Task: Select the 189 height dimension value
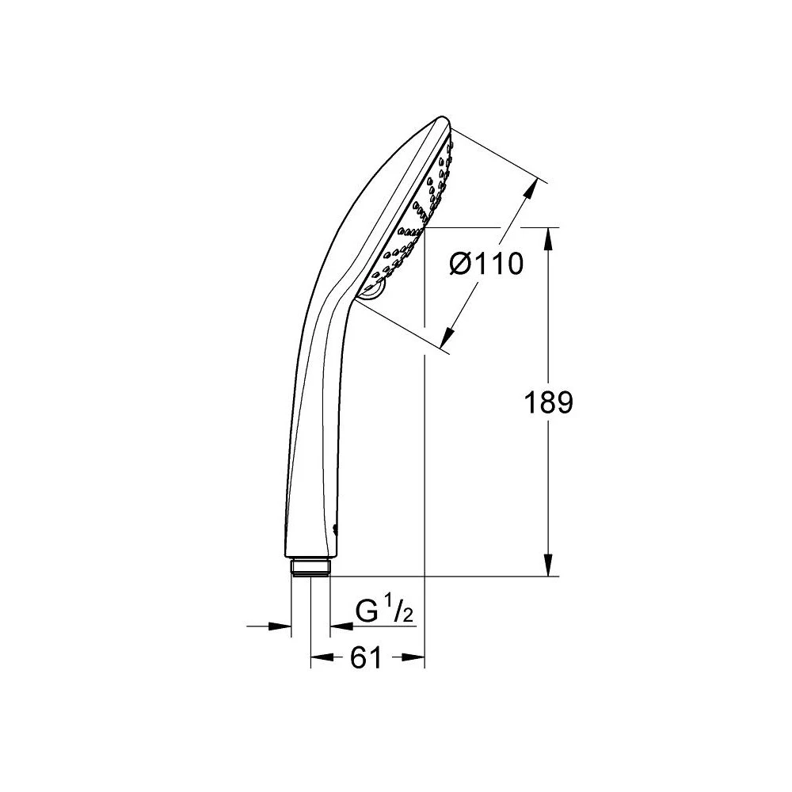click(x=548, y=403)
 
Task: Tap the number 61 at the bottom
click(x=365, y=657)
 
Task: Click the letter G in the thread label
click(x=367, y=611)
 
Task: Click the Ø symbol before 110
click(x=461, y=263)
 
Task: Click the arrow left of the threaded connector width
click(x=282, y=626)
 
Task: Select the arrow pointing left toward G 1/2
click(x=339, y=626)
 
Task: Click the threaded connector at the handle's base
click(x=310, y=567)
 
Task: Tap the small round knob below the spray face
click(x=371, y=292)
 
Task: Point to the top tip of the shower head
click(x=441, y=120)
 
